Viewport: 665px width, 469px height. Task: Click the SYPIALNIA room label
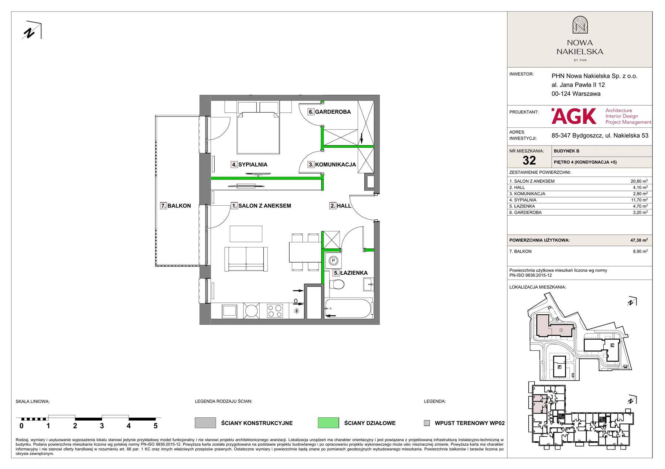coord(253,165)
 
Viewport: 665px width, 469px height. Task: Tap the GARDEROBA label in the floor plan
coord(333,112)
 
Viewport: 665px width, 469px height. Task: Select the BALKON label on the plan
coord(179,206)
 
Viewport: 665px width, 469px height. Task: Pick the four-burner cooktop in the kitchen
coord(275,311)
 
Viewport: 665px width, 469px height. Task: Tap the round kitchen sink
coord(252,311)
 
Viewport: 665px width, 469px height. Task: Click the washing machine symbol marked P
coord(333,260)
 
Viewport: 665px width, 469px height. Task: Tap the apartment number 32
coord(529,160)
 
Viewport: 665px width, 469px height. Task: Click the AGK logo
coord(574,116)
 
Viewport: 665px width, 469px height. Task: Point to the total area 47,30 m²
coord(639,240)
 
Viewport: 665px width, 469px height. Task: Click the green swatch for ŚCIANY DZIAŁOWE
coord(328,423)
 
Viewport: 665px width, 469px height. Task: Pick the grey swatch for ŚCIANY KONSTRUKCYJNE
coord(205,423)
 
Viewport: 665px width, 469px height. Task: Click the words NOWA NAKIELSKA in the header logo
coord(580,47)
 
